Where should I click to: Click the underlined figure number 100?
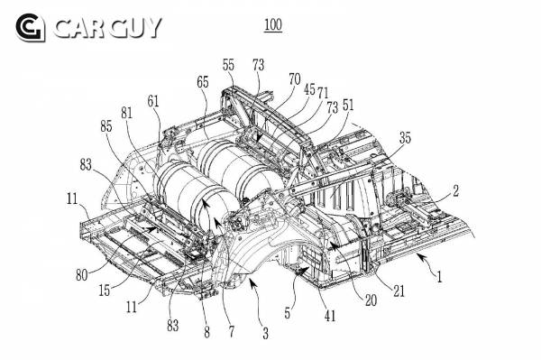[x=273, y=25]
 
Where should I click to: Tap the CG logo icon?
[x=31, y=28]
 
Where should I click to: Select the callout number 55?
[x=228, y=65]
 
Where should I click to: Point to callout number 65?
[x=203, y=82]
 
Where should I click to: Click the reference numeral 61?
[x=153, y=101]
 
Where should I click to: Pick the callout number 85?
[x=106, y=126]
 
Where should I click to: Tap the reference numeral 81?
[x=126, y=113]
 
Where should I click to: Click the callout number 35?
[x=406, y=138]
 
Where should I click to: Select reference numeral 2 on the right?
[x=455, y=190]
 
